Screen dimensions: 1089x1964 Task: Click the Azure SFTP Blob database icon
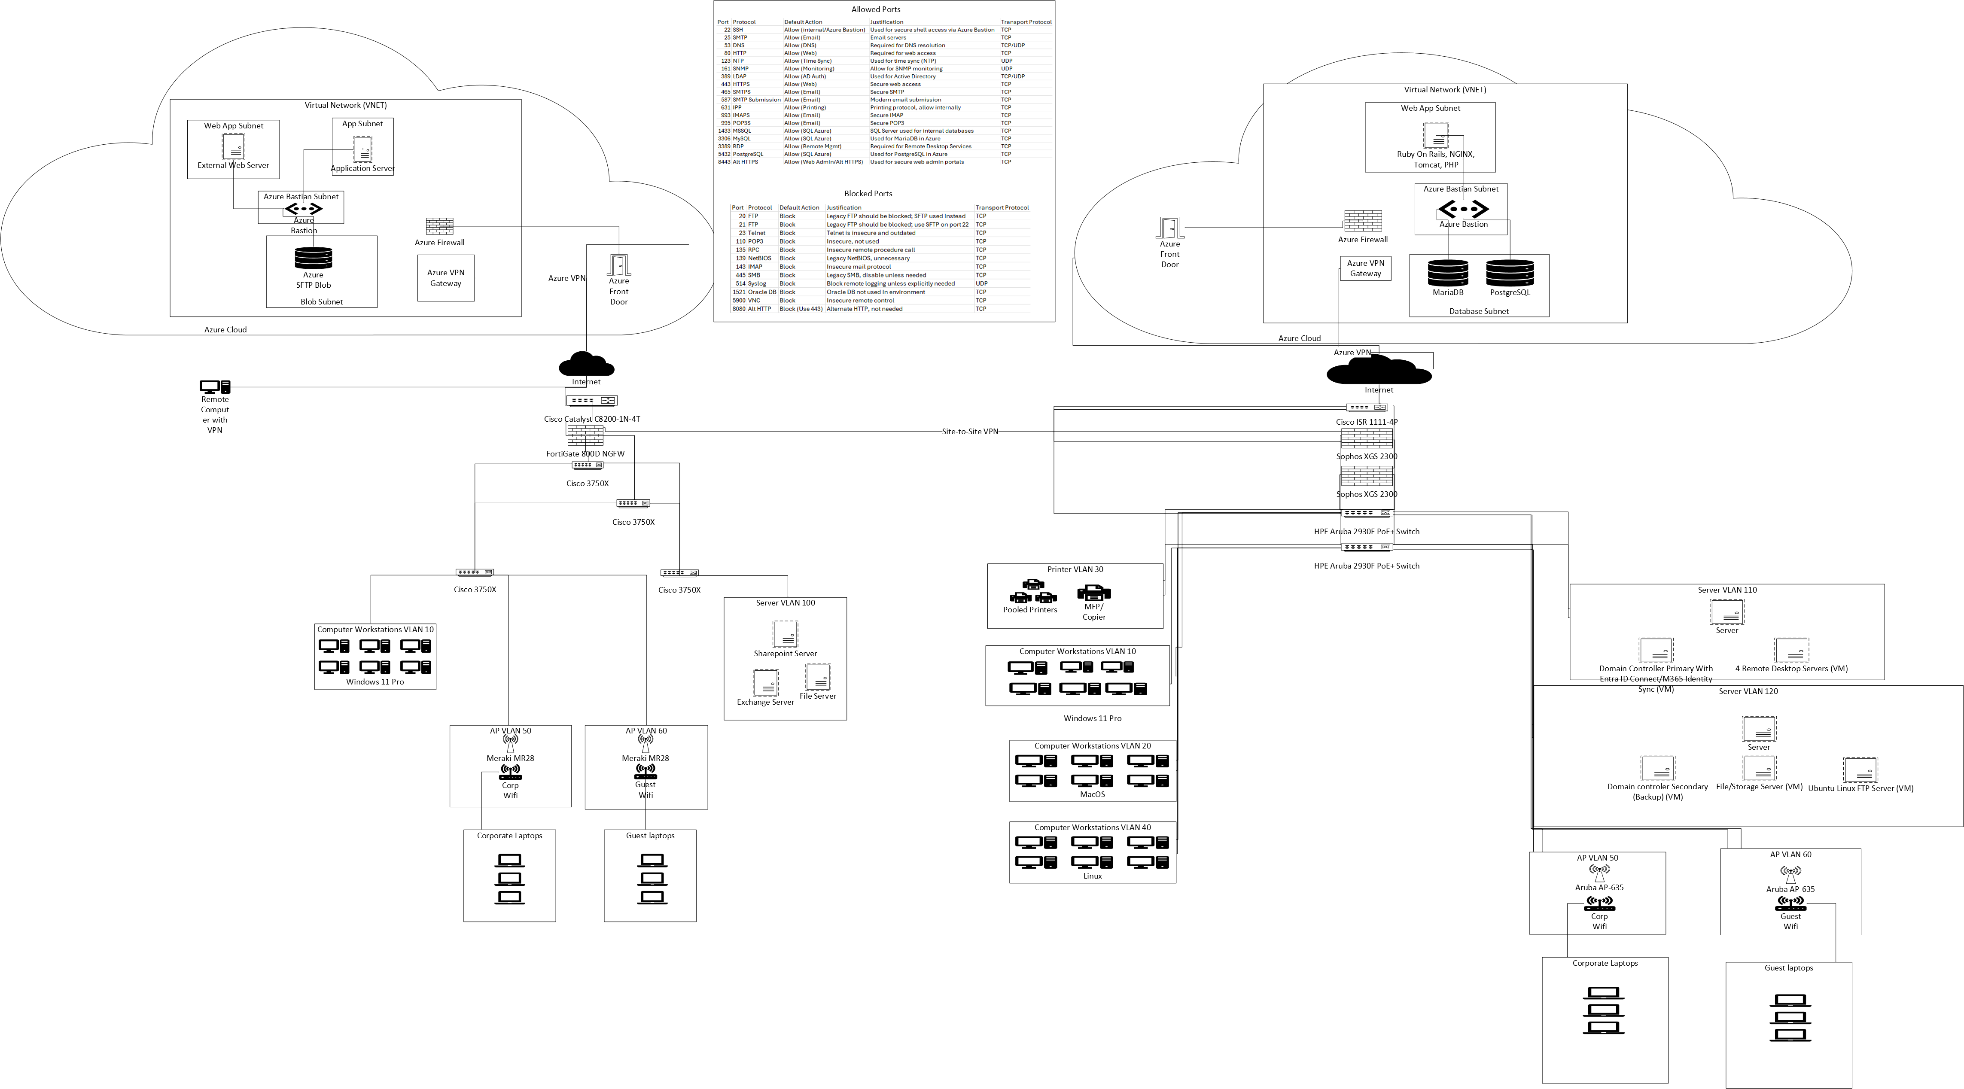(314, 258)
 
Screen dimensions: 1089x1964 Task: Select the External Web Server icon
(233, 146)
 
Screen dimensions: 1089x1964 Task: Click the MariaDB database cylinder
(1448, 273)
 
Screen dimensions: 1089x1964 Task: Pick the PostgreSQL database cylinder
(1510, 273)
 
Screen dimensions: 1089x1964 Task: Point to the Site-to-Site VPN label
(970, 431)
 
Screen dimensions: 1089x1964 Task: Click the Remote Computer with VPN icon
(215, 387)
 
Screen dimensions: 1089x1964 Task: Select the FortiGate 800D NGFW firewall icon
(585, 435)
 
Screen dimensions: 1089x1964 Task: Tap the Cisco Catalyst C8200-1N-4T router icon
(592, 400)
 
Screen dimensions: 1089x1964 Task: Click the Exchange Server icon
(765, 683)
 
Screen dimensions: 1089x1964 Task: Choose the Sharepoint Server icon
(785, 634)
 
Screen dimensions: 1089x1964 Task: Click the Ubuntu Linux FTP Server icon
(1860, 770)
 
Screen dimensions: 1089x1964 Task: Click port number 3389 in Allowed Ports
(724, 146)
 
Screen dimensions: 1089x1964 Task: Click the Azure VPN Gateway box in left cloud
(446, 278)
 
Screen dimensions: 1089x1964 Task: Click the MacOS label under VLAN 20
(1092, 794)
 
